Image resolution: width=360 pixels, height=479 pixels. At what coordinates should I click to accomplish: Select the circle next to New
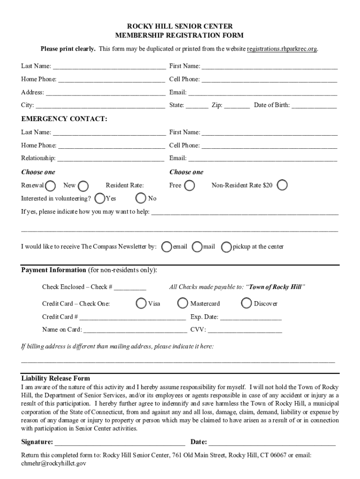coord(83,186)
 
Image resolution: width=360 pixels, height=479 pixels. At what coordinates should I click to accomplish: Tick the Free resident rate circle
coord(189,186)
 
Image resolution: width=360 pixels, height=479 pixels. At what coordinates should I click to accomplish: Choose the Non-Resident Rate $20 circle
coord(282,186)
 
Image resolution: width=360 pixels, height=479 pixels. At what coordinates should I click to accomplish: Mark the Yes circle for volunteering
coord(100,198)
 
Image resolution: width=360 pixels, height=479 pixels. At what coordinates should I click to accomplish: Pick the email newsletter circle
coord(166,247)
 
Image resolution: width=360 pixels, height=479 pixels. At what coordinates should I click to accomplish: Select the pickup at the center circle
coord(226,247)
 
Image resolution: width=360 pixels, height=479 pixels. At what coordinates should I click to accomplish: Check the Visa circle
coord(141,304)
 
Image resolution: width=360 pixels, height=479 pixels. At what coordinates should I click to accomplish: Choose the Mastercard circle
coord(183,304)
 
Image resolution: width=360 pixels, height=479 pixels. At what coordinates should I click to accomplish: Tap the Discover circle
coord(247,304)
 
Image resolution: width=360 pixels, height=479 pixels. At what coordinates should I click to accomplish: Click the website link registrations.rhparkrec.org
coord(282,49)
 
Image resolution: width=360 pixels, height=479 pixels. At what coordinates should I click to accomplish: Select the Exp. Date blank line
coord(251,317)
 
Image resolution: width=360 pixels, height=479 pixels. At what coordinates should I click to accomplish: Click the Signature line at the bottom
coord(120,443)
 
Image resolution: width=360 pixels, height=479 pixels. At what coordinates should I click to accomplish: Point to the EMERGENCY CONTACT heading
coord(64,119)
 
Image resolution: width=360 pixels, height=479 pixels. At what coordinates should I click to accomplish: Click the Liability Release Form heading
coord(56,378)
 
